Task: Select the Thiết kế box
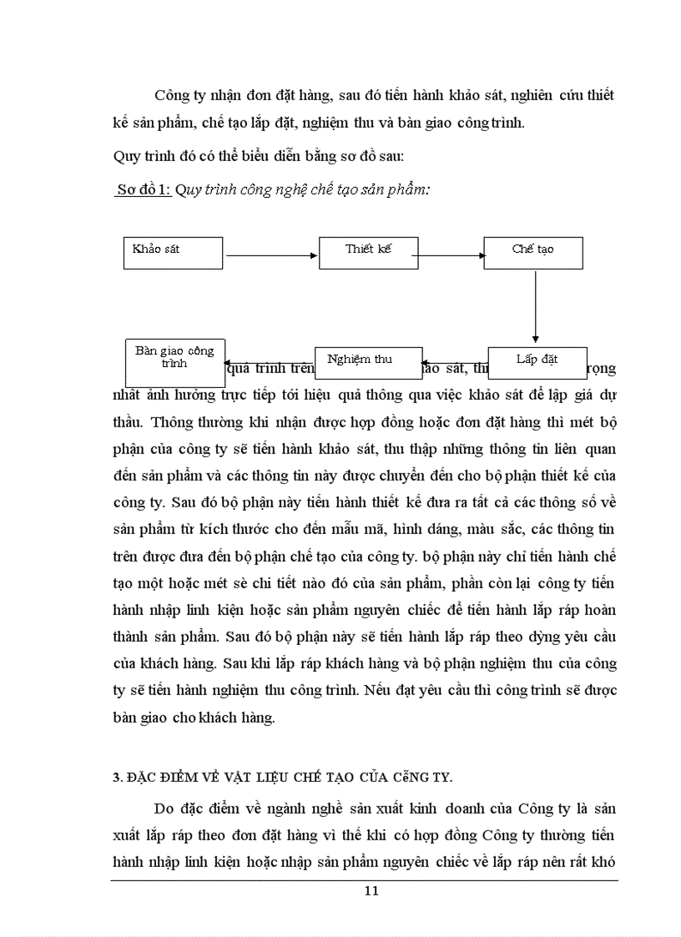pyautogui.click(x=368, y=252)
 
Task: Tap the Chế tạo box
pyautogui.click(x=533, y=252)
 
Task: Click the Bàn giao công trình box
pyautogui.click(x=174, y=360)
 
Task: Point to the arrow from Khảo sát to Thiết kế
pyautogui.click(x=271, y=255)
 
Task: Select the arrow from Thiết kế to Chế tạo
pyautogui.click(x=450, y=255)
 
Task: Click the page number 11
pyautogui.click(x=371, y=890)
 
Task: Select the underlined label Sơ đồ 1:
pyautogui.click(x=144, y=189)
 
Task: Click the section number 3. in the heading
pyautogui.click(x=117, y=778)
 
